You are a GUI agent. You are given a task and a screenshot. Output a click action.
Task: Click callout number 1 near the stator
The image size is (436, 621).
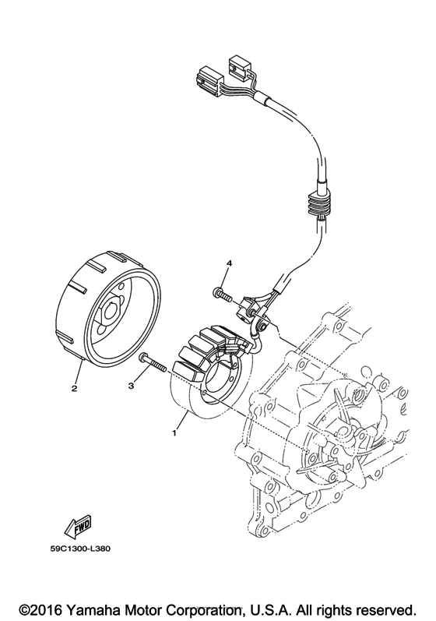pyautogui.click(x=173, y=432)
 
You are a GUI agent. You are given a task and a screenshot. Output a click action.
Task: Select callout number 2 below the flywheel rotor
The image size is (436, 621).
pyautogui.click(x=74, y=388)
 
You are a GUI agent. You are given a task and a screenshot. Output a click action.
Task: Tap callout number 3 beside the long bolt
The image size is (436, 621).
pyautogui.click(x=132, y=385)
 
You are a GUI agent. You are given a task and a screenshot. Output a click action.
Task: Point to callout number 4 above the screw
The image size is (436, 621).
pyautogui.click(x=229, y=263)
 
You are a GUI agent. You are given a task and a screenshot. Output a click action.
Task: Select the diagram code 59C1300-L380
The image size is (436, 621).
pyautogui.click(x=80, y=548)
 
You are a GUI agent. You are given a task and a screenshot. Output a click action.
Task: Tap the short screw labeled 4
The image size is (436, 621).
pyautogui.click(x=221, y=295)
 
